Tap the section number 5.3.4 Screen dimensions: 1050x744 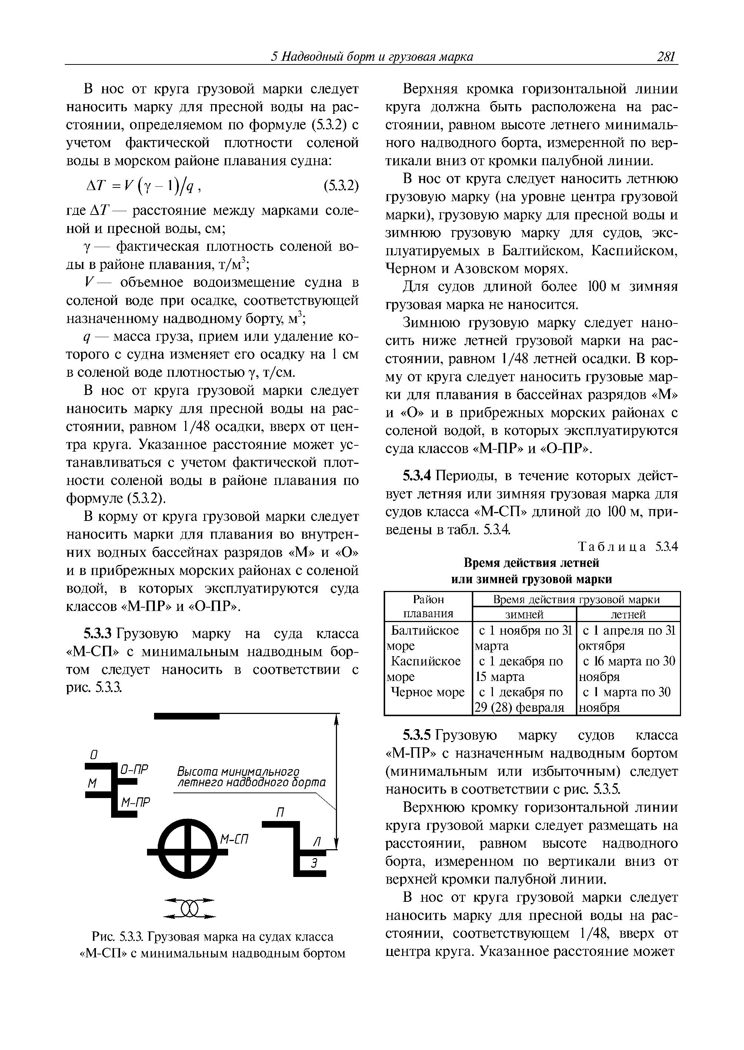click(417, 476)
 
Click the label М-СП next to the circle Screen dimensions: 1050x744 click(234, 839)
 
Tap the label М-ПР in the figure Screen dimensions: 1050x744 click(136, 802)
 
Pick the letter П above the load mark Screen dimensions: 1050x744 click(280, 812)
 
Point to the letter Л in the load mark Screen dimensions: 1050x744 click(316, 841)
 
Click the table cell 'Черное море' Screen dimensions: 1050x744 click(427, 692)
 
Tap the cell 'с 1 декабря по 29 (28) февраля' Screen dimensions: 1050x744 click(524, 700)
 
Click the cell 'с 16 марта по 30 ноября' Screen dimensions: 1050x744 click(628, 669)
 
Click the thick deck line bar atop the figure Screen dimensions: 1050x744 click(187, 716)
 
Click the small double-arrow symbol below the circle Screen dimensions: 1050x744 click(189, 908)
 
